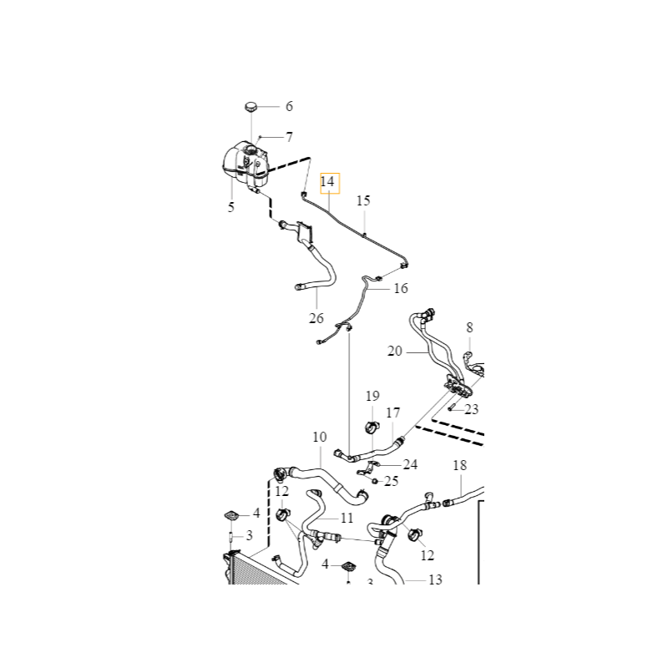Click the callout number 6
point(290,106)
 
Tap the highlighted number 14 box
point(327,181)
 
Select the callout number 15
point(363,200)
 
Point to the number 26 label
point(316,318)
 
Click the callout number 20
point(395,352)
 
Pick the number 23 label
point(472,409)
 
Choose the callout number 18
point(459,465)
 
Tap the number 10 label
point(320,437)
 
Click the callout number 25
point(391,482)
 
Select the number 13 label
point(435,579)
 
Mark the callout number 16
point(401,288)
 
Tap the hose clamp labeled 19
point(371,429)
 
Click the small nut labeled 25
point(376,481)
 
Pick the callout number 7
point(290,136)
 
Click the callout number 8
point(469,328)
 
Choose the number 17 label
point(393,412)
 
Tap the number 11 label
point(347,518)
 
